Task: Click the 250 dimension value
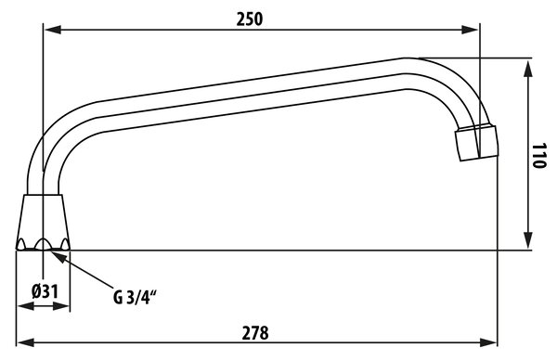(250, 19)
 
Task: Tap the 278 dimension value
(255, 333)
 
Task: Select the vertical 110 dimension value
(538, 156)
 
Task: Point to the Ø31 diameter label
(45, 292)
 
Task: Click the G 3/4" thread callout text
(135, 298)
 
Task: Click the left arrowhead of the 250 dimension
(52, 30)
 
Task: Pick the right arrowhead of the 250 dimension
(471, 30)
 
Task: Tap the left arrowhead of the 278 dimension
(26, 342)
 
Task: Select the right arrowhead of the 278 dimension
(488, 342)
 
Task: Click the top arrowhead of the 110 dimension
(528, 68)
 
